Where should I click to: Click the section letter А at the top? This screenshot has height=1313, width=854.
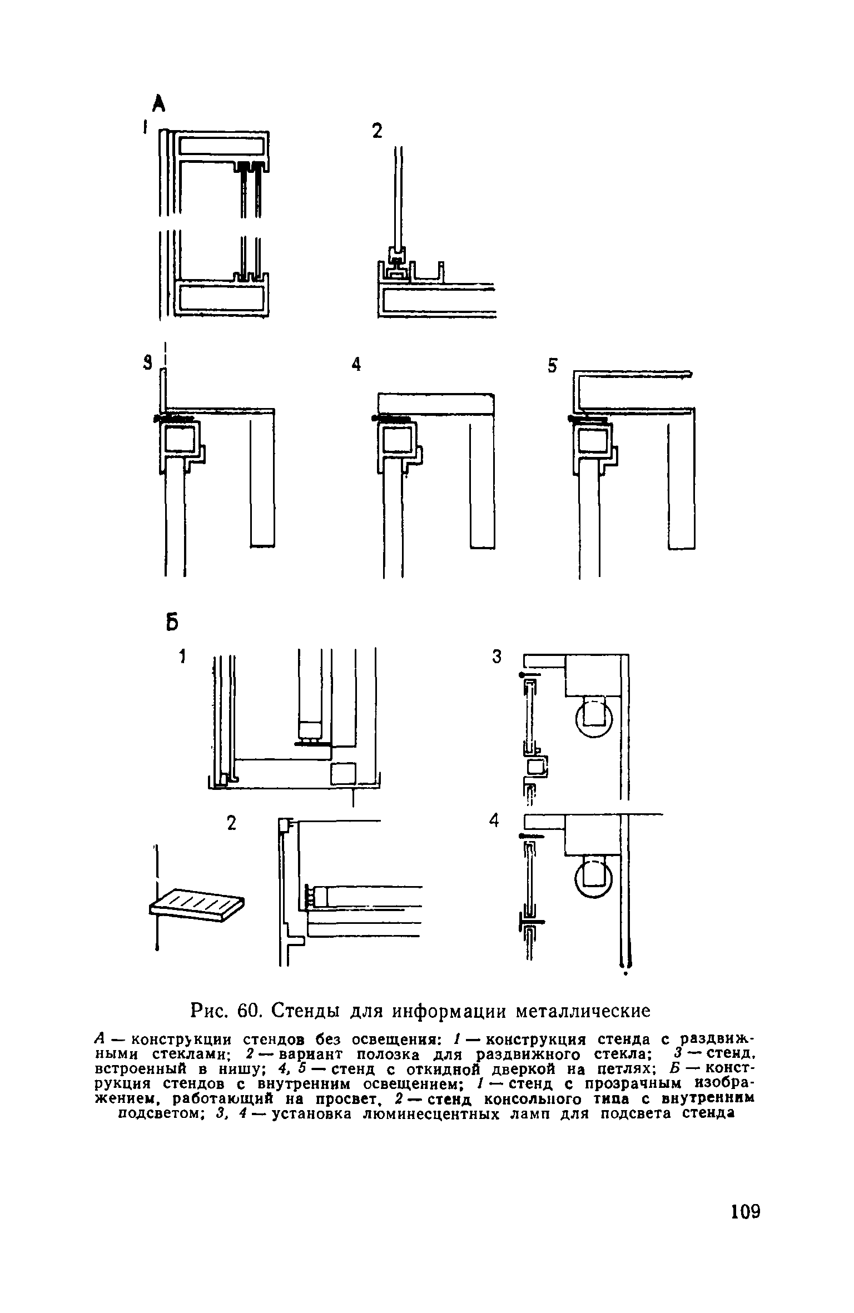[160, 103]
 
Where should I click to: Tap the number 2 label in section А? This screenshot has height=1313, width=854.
[378, 132]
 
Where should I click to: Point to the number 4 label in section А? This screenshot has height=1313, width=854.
[356, 365]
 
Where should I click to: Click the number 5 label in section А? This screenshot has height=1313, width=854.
[552, 366]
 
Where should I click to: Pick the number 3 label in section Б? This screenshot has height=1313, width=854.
[496, 657]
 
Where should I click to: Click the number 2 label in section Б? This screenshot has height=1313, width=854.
[231, 823]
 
